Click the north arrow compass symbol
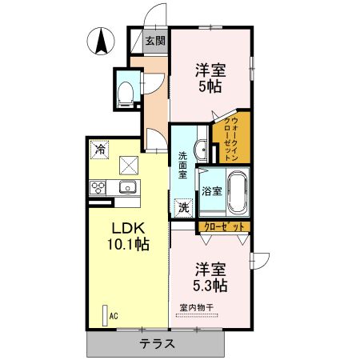(x=102, y=41)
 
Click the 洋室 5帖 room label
(x=211, y=77)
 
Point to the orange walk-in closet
(x=232, y=139)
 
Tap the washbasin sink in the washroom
(x=202, y=149)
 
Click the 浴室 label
(x=212, y=191)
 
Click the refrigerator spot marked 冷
(x=100, y=148)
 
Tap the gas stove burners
(x=99, y=188)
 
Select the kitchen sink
(x=126, y=188)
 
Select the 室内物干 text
(x=195, y=308)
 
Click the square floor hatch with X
(x=129, y=165)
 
